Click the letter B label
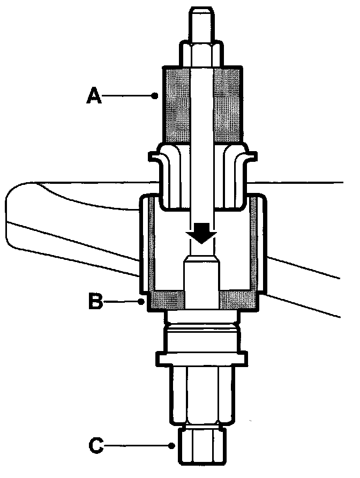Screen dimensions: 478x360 click(x=96, y=301)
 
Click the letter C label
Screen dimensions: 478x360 click(x=95, y=444)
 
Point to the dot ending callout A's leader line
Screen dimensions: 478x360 click(x=155, y=96)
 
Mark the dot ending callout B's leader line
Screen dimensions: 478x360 click(x=142, y=302)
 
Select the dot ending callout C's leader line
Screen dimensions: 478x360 click(x=171, y=445)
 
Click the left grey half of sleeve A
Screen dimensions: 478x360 click(x=177, y=104)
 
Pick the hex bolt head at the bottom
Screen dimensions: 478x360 click(x=202, y=444)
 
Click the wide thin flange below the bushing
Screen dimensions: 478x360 click(x=202, y=357)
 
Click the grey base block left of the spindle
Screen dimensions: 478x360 click(x=167, y=300)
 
